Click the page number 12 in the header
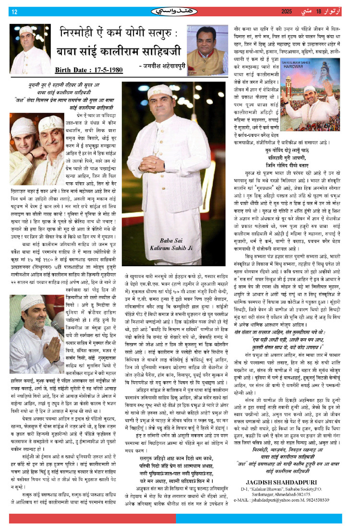click(14, 12)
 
